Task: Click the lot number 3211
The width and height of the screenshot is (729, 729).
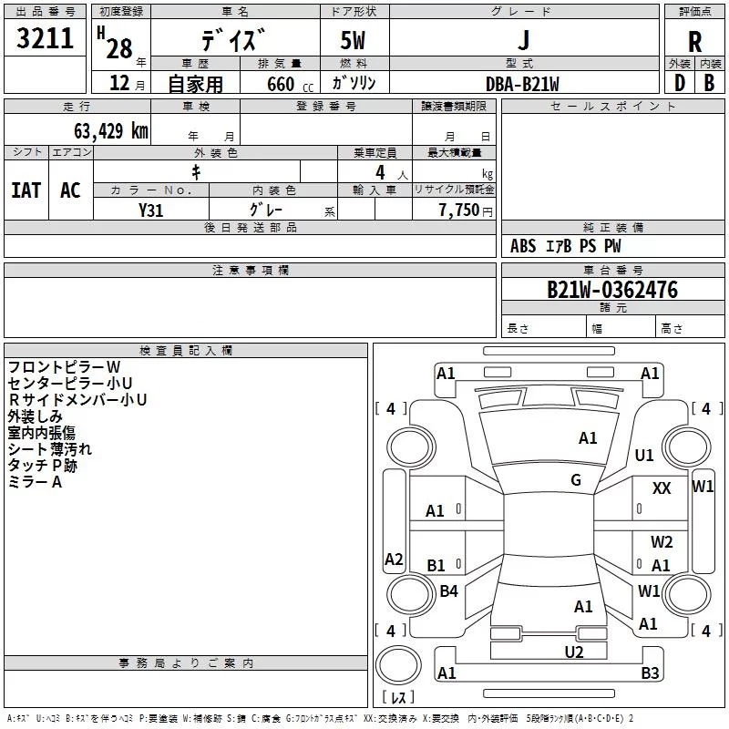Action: point(46,38)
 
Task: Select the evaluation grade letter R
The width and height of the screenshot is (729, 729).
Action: point(694,41)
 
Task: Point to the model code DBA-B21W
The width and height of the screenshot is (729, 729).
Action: point(522,84)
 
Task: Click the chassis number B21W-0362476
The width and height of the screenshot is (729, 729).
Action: point(612,290)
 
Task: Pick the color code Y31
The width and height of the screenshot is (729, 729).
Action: point(151,210)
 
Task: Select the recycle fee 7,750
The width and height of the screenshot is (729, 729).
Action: point(453,210)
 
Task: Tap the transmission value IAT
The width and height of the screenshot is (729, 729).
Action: point(26,190)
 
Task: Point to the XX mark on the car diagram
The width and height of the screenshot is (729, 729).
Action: point(662,488)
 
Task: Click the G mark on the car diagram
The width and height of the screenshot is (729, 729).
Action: point(576,480)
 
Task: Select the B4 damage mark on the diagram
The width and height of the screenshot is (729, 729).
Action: point(448,591)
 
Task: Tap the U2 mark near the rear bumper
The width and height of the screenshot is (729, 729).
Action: point(573,652)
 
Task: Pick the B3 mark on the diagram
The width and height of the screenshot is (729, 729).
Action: point(650,673)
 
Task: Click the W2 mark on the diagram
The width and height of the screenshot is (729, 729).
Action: point(662,542)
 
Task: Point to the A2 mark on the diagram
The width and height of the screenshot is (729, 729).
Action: point(394,560)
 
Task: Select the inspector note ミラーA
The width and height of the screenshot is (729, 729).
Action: point(35,482)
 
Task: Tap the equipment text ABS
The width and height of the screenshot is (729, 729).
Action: point(523,246)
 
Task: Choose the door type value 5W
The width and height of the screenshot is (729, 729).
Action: point(354,41)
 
